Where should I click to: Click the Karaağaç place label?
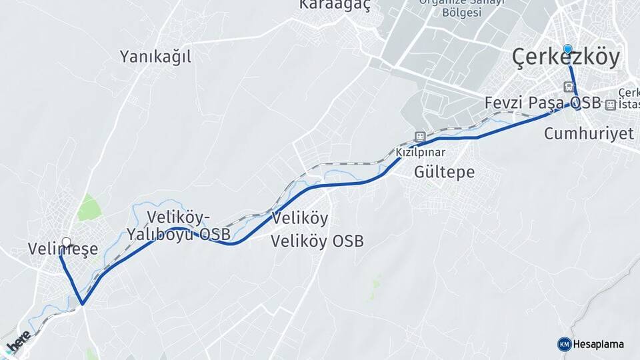point(335,5)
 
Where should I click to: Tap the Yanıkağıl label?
point(155,57)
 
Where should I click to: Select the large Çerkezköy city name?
point(566,58)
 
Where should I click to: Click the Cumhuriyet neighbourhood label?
point(589,133)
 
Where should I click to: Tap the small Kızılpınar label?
point(421,152)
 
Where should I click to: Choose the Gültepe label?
point(445,172)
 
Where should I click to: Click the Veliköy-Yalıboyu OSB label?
point(179,225)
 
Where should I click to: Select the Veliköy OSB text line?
point(317,241)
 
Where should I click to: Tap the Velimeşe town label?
point(63,249)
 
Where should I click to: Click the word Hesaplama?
point(599,344)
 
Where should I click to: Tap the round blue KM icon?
point(564,344)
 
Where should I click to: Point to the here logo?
point(18,342)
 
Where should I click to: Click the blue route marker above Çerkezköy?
point(567,49)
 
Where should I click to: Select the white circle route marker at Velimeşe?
point(66,241)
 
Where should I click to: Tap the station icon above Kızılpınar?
point(420,137)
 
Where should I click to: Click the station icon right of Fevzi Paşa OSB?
point(611,104)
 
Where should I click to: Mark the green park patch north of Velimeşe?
point(87,209)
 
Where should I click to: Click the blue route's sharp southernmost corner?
point(82,305)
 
